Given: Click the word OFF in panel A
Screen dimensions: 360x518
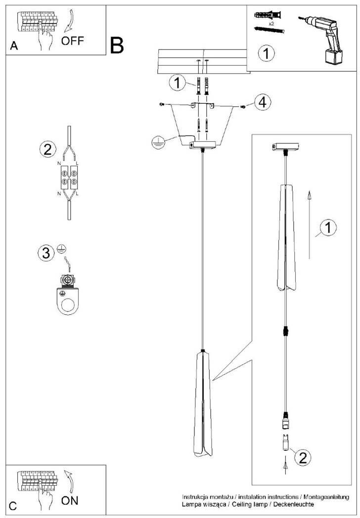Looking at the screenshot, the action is pos(73,41).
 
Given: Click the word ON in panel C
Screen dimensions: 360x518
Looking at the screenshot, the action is pos(70,500).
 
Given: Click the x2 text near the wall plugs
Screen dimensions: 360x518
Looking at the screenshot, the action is pos(271,23).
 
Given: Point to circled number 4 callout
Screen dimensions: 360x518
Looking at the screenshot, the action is pos(263,102).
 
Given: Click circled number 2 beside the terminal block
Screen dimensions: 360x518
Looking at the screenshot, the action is pos(47,149).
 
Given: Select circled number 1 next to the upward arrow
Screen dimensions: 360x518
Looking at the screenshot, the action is pos(328,228).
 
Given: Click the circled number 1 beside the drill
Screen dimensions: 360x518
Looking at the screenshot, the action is pos(267,53).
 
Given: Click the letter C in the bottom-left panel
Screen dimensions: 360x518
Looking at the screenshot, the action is pos(13,506).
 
